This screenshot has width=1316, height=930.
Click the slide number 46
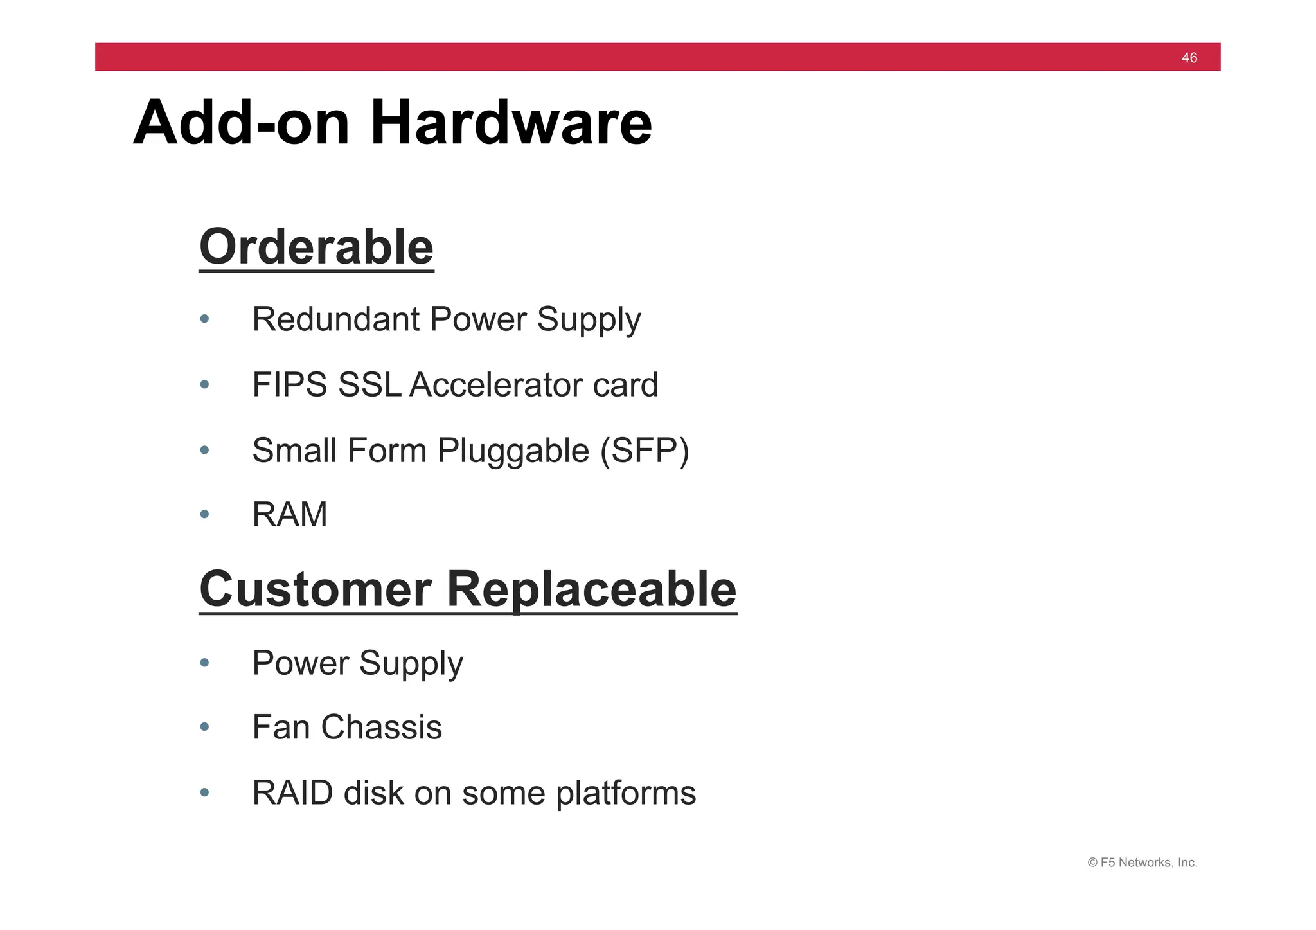(1189, 58)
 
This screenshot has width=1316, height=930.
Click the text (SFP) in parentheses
(645, 451)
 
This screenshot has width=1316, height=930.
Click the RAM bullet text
(289, 514)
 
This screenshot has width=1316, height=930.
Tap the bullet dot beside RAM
(204, 514)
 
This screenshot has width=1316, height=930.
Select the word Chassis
(381, 728)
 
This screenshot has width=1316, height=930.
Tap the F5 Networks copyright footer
(1142, 863)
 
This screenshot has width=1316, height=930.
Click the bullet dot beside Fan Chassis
(204, 728)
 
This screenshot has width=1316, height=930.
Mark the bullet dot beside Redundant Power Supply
(204, 319)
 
